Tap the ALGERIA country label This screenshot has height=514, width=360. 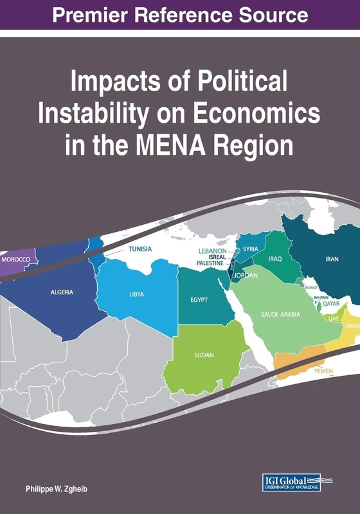[62, 292]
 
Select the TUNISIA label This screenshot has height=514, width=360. [140, 249]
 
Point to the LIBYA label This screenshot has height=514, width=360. [136, 295]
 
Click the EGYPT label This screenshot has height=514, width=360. [199, 299]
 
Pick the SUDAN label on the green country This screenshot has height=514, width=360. [204, 355]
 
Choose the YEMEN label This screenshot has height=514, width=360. [322, 371]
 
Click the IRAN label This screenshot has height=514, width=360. [332, 259]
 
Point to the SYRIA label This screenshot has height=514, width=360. [251, 249]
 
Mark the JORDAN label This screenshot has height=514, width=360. [245, 276]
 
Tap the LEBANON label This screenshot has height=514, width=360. [212, 250]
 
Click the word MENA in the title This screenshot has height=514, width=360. [179, 144]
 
